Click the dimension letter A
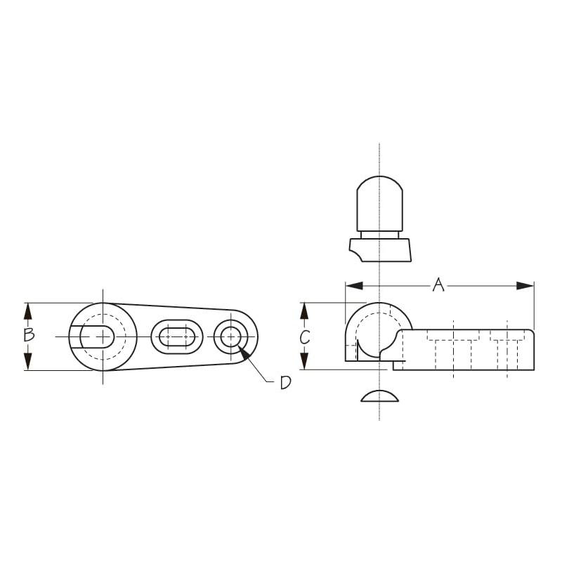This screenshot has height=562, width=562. coord(438,285)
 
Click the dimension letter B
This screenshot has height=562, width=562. coord(29,334)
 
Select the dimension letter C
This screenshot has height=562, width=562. coord(305,337)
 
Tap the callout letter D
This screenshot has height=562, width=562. coord(285,383)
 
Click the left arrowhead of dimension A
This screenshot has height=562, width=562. coord(354,286)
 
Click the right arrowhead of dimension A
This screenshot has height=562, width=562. coord(525,286)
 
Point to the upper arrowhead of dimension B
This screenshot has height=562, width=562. coord(27,311)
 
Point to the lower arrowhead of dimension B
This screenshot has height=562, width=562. coord(27,362)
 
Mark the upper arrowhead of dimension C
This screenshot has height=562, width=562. coord(304,311)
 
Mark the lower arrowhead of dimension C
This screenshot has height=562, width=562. coord(304,361)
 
